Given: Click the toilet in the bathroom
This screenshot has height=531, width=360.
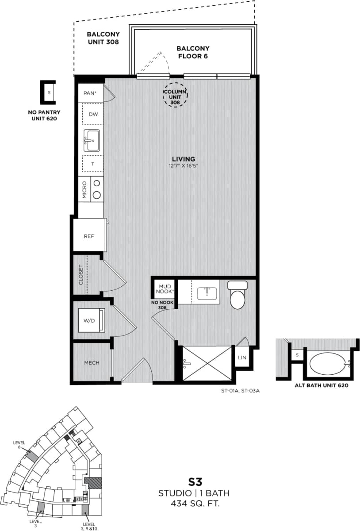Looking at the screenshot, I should (x=237, y=296).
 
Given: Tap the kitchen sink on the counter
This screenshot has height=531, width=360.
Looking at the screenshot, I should (x=92, y=140).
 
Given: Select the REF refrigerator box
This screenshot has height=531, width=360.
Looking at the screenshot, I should (x=89, y=236).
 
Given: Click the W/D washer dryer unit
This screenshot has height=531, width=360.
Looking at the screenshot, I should (x=92, y=320).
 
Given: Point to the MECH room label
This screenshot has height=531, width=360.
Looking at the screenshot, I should (x=92, y=363).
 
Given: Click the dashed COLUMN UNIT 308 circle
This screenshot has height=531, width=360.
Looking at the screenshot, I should (x=175, y=95).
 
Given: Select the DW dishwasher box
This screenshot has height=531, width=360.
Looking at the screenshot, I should (x=93, y=114).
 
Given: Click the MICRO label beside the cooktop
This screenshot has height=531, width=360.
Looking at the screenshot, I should (x=84, y=189).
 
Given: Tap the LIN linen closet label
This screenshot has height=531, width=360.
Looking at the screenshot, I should (x=241, y=358).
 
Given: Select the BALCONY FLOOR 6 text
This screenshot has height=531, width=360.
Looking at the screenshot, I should (x=193, y=52).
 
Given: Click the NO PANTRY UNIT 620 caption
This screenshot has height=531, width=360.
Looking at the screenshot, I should (x=44, y=115).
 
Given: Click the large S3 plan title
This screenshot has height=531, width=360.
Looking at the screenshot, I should (x=194, y=482).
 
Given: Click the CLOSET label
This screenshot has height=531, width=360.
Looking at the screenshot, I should (x=81, y=274).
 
